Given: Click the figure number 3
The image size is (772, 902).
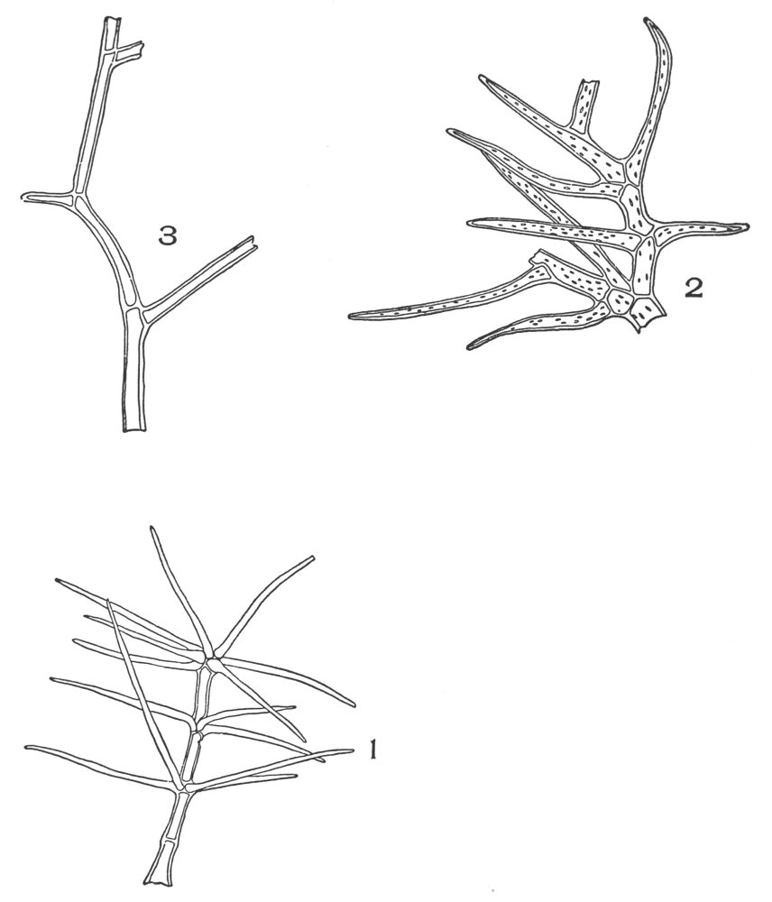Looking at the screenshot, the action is [167, 236].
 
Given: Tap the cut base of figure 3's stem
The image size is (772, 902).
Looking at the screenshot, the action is [134, 429].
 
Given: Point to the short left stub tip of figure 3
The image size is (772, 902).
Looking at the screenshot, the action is [24, 197].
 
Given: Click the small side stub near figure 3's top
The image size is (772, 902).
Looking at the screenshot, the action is [131, 51].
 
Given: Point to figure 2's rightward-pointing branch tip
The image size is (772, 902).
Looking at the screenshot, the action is [746, 226].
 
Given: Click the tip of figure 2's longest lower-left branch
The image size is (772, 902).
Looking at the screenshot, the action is [352, 315].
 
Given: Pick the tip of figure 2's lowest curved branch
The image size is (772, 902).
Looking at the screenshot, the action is [469, 346].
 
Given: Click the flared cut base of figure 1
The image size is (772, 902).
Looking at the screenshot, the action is [158, 879].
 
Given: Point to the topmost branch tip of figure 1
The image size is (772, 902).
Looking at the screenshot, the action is [152, 528].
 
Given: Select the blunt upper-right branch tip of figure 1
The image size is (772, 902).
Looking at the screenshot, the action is [312, 557].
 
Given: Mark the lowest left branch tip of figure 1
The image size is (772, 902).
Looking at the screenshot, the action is [29, 747].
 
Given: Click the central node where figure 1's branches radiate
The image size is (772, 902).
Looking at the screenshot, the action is [212, 659].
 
